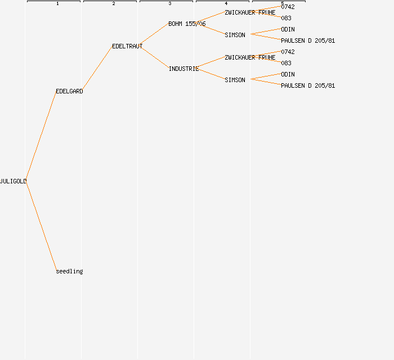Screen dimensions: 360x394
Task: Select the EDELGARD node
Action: pyautogui.click(x=69, y=91)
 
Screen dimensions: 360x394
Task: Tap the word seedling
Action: pyautogui.click(x=69, y=271)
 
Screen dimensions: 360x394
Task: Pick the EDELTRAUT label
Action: pyautogui.click(x=127, y=46)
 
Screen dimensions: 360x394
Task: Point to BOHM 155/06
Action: pyautogui.click(x=187, y=24)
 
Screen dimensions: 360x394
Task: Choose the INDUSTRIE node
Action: pyautogui.click(x=183, y=69)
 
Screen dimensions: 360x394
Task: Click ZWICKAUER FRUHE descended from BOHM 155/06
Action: pyautogui.click(x=250, y=12)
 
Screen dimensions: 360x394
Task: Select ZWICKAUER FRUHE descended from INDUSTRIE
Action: pyautogui.click(x=250, y=57)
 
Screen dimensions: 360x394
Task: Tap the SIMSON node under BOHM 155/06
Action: pyautogui.click(x=235, y=35)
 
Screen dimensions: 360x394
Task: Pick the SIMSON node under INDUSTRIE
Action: pyautogui.click(x=235, y=80)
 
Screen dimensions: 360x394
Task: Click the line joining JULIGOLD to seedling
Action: pyautogui.click(x=41, y=226)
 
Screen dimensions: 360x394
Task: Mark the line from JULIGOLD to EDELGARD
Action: pyautogui.click(x=41, y=136)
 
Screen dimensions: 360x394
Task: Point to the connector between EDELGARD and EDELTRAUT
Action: pyautogui.click(x=97, y=69)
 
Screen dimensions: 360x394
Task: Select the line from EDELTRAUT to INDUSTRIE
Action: pyautogui.click(x=155, y=57)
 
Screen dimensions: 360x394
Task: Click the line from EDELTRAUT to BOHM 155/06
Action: pyautogui.click(x=155, y=35)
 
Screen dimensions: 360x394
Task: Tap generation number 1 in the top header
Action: pyautogui.click(x=57, y=4)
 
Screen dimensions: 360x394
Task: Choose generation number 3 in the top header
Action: pyautogui.click(x=170, y=4)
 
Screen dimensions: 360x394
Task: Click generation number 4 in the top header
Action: pyautogui.click(x=226, y=4)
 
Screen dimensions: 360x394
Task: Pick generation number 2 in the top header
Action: pyautogui.click(x=114, y=4)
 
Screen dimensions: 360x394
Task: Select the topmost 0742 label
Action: pyautogui.click(x=288, y=7)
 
